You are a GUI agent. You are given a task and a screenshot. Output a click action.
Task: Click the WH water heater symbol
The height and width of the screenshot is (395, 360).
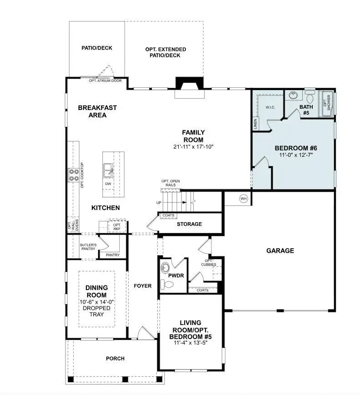click(243, 198)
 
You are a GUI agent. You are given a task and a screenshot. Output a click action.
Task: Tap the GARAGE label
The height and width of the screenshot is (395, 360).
click(280, 250)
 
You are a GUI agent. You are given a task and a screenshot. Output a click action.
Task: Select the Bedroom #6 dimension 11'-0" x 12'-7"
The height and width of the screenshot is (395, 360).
click(296, 155)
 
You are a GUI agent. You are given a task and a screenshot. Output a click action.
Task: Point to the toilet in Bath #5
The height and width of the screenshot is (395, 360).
click(310, 97)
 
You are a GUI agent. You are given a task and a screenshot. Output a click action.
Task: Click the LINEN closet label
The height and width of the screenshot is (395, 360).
click(255, 124)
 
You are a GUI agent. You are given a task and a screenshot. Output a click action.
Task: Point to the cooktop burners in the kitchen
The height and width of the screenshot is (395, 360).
click(74, 175)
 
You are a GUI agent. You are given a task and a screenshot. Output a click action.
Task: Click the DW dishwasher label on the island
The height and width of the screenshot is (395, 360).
click(108, 184)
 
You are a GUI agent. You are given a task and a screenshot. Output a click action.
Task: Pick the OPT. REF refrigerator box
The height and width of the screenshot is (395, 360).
click(117, 226)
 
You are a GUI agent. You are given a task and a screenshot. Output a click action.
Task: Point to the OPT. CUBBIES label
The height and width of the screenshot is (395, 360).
click(209, 262)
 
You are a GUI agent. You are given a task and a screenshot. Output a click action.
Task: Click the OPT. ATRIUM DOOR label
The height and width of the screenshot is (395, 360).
click(105, 81)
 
